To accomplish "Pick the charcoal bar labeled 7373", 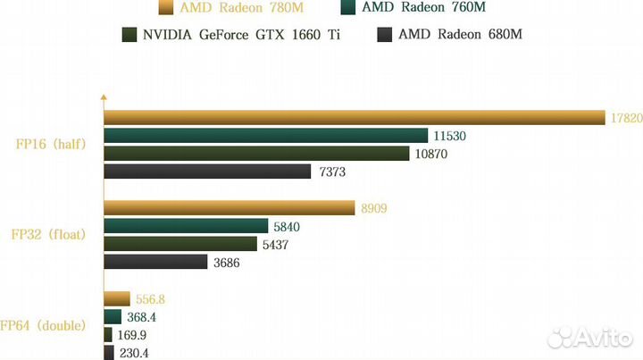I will click(x=207, y=172).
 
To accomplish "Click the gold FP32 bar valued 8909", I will click(x=230, y=208).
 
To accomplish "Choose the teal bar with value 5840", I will click(x=186, y=226).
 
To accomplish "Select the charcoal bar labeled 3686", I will click(x=155, y=262).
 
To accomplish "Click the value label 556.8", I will click(x=149, y=299).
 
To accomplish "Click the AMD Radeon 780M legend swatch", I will click(x=164, y=9).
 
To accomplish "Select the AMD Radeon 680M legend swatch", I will click(x=384, y=35).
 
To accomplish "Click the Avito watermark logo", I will click(x=591, y=337).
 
